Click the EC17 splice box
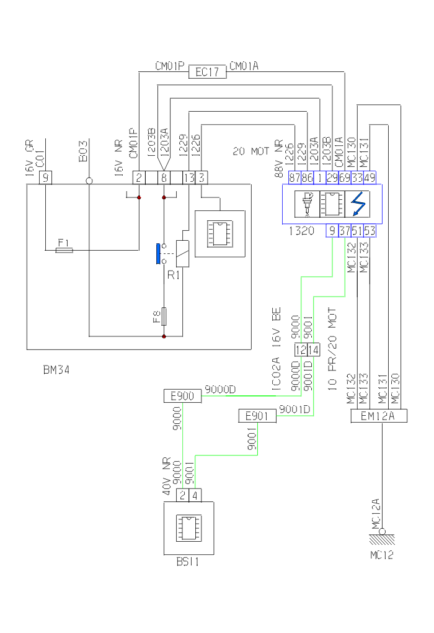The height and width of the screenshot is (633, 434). pyautogui.click(x=208, y=72)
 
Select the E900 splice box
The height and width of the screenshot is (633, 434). pyautogui.click(x=182, y=396)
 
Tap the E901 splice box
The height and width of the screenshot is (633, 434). pyautogui.click(x=257, y=416)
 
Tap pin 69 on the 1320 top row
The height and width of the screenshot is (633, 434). pyautogui.click(x=345, y=177)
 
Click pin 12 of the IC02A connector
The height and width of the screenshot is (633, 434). pyautogui.click(x=300, y=351)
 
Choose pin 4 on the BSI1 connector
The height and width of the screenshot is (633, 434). pyautogui.click(x=195, y=495)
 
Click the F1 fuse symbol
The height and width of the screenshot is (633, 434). pyautogui.click(x=64, y=250)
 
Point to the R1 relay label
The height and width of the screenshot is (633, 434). pyautogui.click(x=173, y=274)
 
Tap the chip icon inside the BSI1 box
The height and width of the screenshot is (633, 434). pyautogui.click(x=188, y=528)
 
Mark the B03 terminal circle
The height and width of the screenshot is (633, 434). pyautogui.click(x=89, y=181)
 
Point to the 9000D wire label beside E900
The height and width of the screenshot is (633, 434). pyautogui.click(x=220, y=390)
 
